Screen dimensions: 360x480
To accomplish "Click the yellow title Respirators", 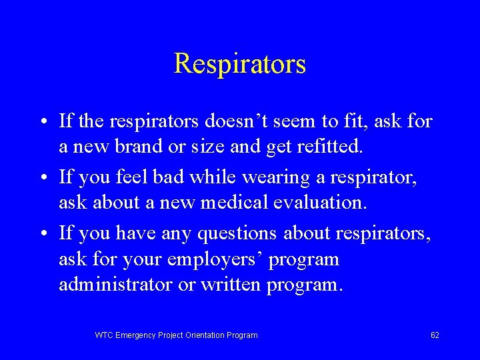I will click(240, 64).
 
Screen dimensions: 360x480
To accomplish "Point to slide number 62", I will click(435, 335).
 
